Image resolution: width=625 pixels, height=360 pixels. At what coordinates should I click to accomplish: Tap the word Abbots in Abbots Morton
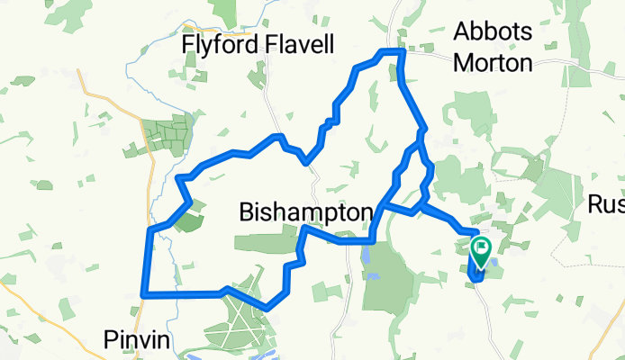(x=493, y=31)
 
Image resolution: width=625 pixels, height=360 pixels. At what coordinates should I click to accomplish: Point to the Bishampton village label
(x=305, y=212)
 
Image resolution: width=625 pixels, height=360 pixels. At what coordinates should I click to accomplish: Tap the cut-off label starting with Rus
(x=606, y=205)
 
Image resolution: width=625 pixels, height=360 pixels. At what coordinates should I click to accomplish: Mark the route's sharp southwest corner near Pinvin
(x=144, y=293)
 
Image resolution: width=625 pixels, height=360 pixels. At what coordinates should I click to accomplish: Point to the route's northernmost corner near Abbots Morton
(x=402, y=53)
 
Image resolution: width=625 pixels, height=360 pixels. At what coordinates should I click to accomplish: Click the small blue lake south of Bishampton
(x=367, y=257)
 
